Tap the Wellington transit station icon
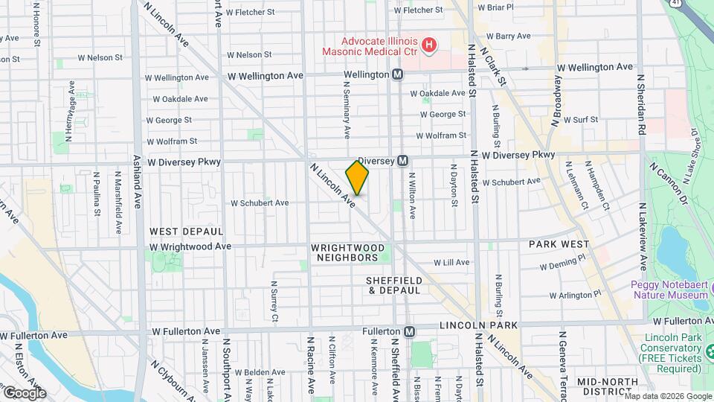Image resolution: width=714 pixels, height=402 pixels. coord(398,74)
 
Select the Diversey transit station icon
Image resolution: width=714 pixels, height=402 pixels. coord(402,160)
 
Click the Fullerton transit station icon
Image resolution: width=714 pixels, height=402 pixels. coord(409,331)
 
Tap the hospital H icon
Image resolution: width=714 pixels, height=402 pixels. coord(428,46)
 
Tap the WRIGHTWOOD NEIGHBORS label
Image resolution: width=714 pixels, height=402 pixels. coord(348,252)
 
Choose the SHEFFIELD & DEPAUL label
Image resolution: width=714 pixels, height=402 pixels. coord(394,285)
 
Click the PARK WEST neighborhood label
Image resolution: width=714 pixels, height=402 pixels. coord(559,244)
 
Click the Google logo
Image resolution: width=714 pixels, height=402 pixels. coord(24,392)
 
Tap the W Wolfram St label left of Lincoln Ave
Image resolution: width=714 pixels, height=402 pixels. coord(172,140)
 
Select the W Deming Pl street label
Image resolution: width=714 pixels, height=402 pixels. coord(564,265)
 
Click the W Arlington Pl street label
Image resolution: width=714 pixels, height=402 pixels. coord(570,295)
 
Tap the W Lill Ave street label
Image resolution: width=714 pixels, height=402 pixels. coord(451,262)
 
